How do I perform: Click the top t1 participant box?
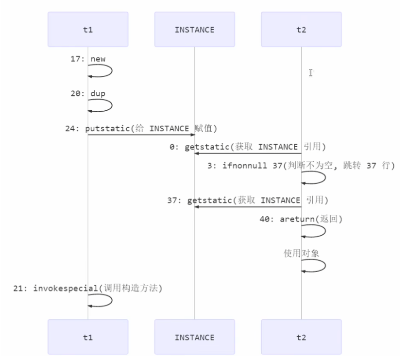pos(88,30)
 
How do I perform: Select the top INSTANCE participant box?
pos(194,30)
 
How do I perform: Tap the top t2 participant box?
pos(301,30)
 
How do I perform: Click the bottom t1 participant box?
pos(88,337)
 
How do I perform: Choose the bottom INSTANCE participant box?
pos(194,337)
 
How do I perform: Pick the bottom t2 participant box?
pos(301,337)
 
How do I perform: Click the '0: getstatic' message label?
pos(248,147)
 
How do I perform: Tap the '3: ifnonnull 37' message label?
pos(302,166)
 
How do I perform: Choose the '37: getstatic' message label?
pos(248,200)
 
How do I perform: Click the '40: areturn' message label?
pos(301,219)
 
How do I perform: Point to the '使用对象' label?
pos(301,253)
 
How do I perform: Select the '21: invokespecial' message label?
pos(88,288)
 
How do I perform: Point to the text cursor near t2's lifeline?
pos(311,73)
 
